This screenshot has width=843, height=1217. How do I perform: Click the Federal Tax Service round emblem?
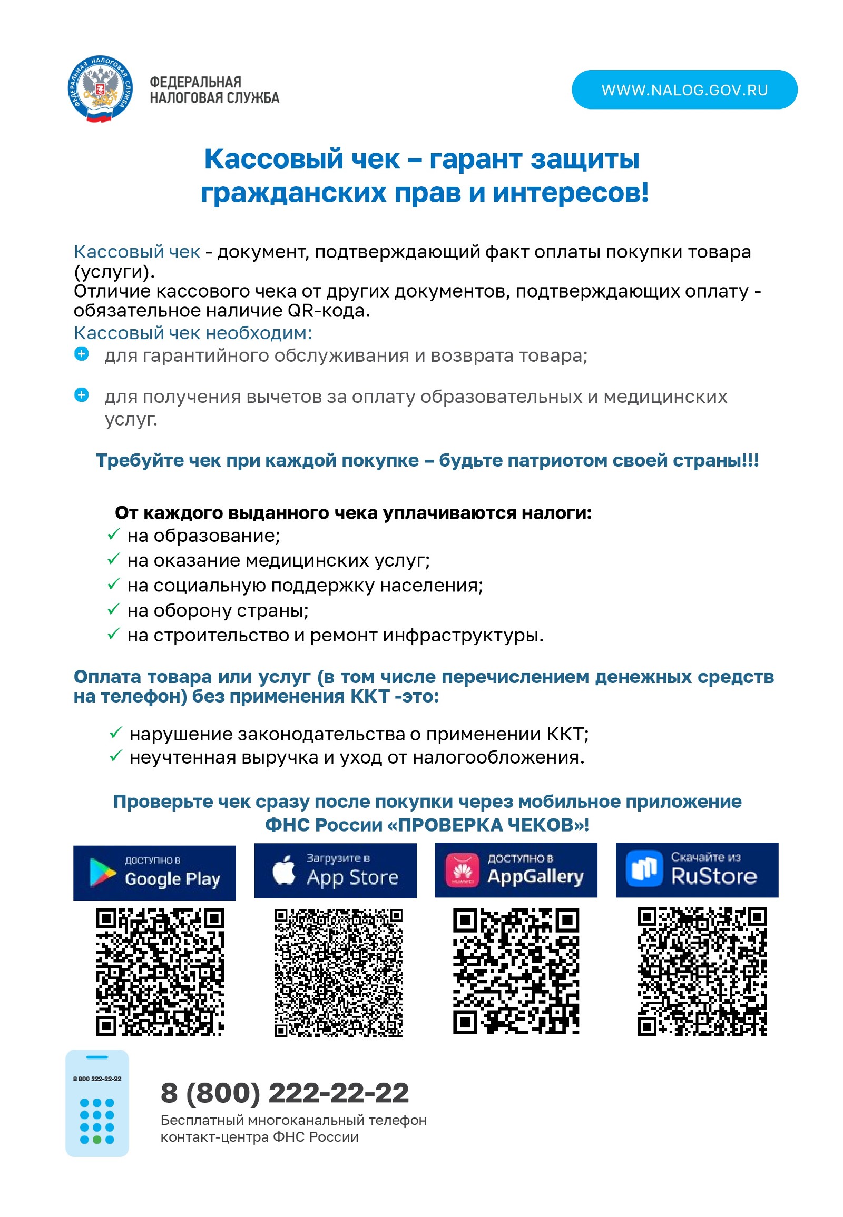coord(100,88)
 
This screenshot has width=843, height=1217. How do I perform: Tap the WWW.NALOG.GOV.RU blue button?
coord(684,90)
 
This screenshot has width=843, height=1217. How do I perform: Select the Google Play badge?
coord(154,872)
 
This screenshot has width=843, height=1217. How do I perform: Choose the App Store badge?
coord(336,870)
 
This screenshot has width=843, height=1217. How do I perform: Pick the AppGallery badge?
coord(515,869)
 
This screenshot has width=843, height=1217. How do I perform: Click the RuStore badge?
coord(697,869)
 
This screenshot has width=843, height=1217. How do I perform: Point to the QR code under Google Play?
coord(160,972)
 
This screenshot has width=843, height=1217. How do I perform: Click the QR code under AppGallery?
coord(516,971)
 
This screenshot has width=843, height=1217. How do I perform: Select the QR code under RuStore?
coord(701,971)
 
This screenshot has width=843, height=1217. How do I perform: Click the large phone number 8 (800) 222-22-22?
coord(285,1092)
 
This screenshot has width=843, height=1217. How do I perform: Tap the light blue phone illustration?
coord(97,1103)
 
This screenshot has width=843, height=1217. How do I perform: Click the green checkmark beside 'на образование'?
coord(114,535)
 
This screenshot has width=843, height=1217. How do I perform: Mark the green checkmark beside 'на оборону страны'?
coord(114,609)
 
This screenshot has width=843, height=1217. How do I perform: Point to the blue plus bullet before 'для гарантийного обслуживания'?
coord(81,354)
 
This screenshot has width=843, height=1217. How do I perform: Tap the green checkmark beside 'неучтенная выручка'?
coord(116,756)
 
